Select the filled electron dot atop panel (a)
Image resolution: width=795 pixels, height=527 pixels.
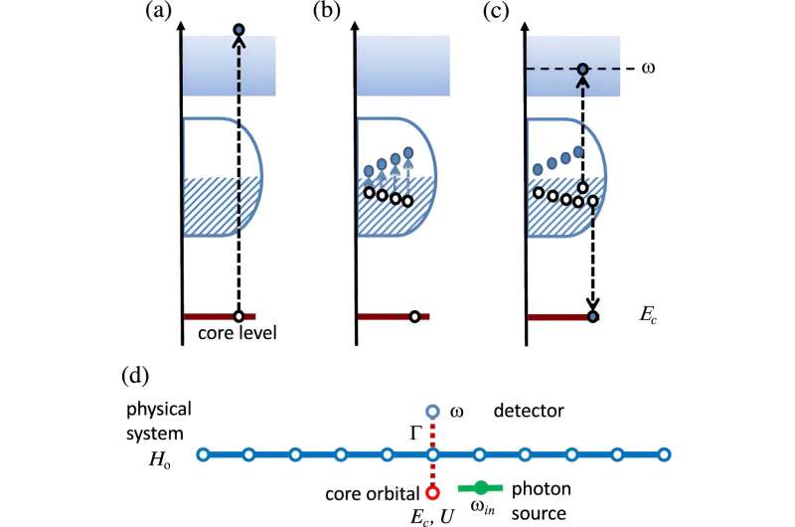[x=238, y=31]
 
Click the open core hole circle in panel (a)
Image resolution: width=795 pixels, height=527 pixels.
[x=238, y=316]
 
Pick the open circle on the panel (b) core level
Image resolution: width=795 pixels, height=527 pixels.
[x=414, y=317]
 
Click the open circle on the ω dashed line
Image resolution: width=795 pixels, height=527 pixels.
[x=584, y=69]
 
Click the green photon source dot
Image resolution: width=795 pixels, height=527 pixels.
[x=482, y=487]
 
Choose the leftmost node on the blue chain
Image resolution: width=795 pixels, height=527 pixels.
[x=203, y=455]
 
